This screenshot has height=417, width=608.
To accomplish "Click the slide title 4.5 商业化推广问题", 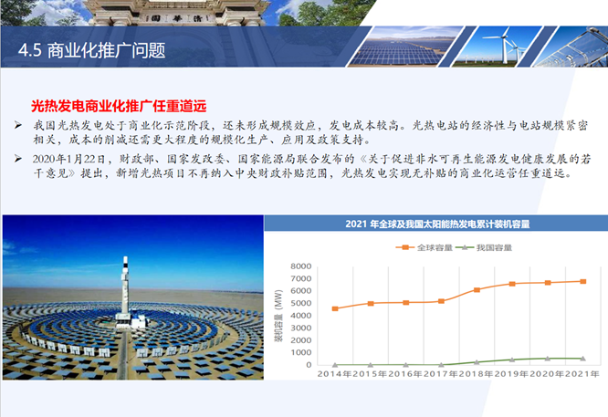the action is (92, 50).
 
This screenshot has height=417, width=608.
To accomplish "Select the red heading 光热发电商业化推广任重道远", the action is (119, 106).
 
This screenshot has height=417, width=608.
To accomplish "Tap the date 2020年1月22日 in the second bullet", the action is (68, 159).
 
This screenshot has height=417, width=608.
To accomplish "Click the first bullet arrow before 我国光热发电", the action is (18, 125).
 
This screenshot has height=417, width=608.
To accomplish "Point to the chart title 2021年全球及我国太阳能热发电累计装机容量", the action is (437, 224).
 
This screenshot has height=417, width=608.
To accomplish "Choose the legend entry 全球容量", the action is (425, 247).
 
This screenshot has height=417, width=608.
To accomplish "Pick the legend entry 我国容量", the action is (484, 247).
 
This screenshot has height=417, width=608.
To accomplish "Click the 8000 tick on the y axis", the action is (301, 266).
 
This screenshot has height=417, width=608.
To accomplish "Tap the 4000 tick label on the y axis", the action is (301, 316).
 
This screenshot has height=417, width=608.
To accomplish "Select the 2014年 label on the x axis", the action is (335, 374).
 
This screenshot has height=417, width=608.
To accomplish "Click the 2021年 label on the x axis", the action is (582, 374).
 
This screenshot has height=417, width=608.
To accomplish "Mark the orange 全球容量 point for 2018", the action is (477, 290).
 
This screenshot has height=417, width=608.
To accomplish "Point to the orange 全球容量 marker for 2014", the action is (335, 309).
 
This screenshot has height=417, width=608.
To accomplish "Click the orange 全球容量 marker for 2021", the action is (582, 281).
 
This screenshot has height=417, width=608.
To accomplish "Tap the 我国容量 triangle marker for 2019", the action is (512, 360).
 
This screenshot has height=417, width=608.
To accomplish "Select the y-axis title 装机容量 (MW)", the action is (278, 316).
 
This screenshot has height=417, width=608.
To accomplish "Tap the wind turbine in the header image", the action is (503, 46).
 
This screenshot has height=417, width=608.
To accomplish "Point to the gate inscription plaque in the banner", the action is (176, 18).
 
